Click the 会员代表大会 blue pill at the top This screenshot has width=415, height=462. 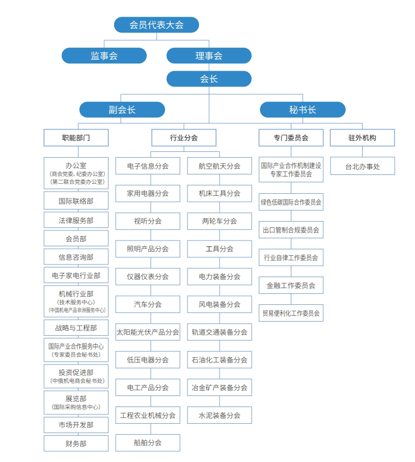[x=156, y=25]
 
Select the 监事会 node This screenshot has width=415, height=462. [x=104, y=56]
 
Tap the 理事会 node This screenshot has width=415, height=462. [x=209, y=56]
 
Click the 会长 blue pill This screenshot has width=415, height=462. [x=209, y=79]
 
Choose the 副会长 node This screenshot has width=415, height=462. [x=122, y=109]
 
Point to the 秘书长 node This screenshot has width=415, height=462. [x=303, y=109]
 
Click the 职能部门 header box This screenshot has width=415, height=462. [x=76, y=138]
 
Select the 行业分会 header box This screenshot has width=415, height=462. [x=184, y=138]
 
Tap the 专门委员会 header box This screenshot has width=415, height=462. [x=291, y=138]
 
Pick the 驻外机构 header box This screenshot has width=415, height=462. [x=362, y=138]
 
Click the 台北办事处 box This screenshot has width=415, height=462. [x=363, y=166]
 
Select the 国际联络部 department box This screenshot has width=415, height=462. [x=76, y=201]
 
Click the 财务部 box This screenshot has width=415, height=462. [x=76, y=444]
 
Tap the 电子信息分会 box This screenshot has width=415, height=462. [x=148, y=166]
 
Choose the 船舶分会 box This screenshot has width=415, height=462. [x=148, y=443]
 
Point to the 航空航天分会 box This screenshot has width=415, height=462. [x=220, y=166]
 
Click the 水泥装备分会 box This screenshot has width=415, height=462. [x=220, y=415]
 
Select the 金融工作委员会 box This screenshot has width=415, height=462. [x=291, y=285]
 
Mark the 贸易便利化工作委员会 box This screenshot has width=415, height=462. [x=291, y=313]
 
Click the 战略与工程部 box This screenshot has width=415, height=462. [x=76, y=328]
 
